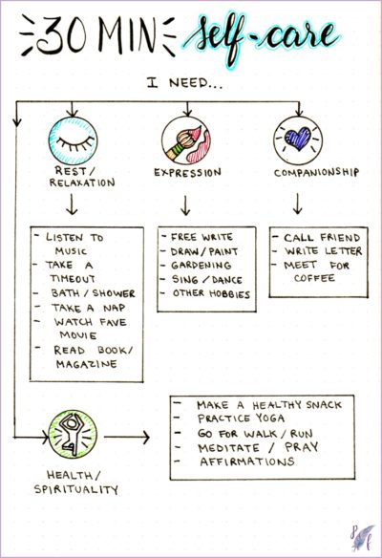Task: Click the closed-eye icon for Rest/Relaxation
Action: [73, 140]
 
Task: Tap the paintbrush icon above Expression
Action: [186, 140]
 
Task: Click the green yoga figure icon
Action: [73, 435]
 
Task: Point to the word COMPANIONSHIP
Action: [316, 173]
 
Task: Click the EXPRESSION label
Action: [187, 173]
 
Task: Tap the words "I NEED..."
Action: [184, 84]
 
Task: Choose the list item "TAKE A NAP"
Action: [89, 308]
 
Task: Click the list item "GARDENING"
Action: [201, 266]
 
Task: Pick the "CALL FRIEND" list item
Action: [322, 237]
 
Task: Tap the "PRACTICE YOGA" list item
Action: [241, 418]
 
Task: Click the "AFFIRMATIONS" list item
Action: [247, 461]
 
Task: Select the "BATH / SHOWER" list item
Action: [94, 293]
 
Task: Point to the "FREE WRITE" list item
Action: [202, 237]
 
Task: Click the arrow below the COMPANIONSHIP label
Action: [298, 204]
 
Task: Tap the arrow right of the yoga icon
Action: [127, 437]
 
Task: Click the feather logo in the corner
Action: [362, 537]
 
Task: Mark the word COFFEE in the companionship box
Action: [314, 278]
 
